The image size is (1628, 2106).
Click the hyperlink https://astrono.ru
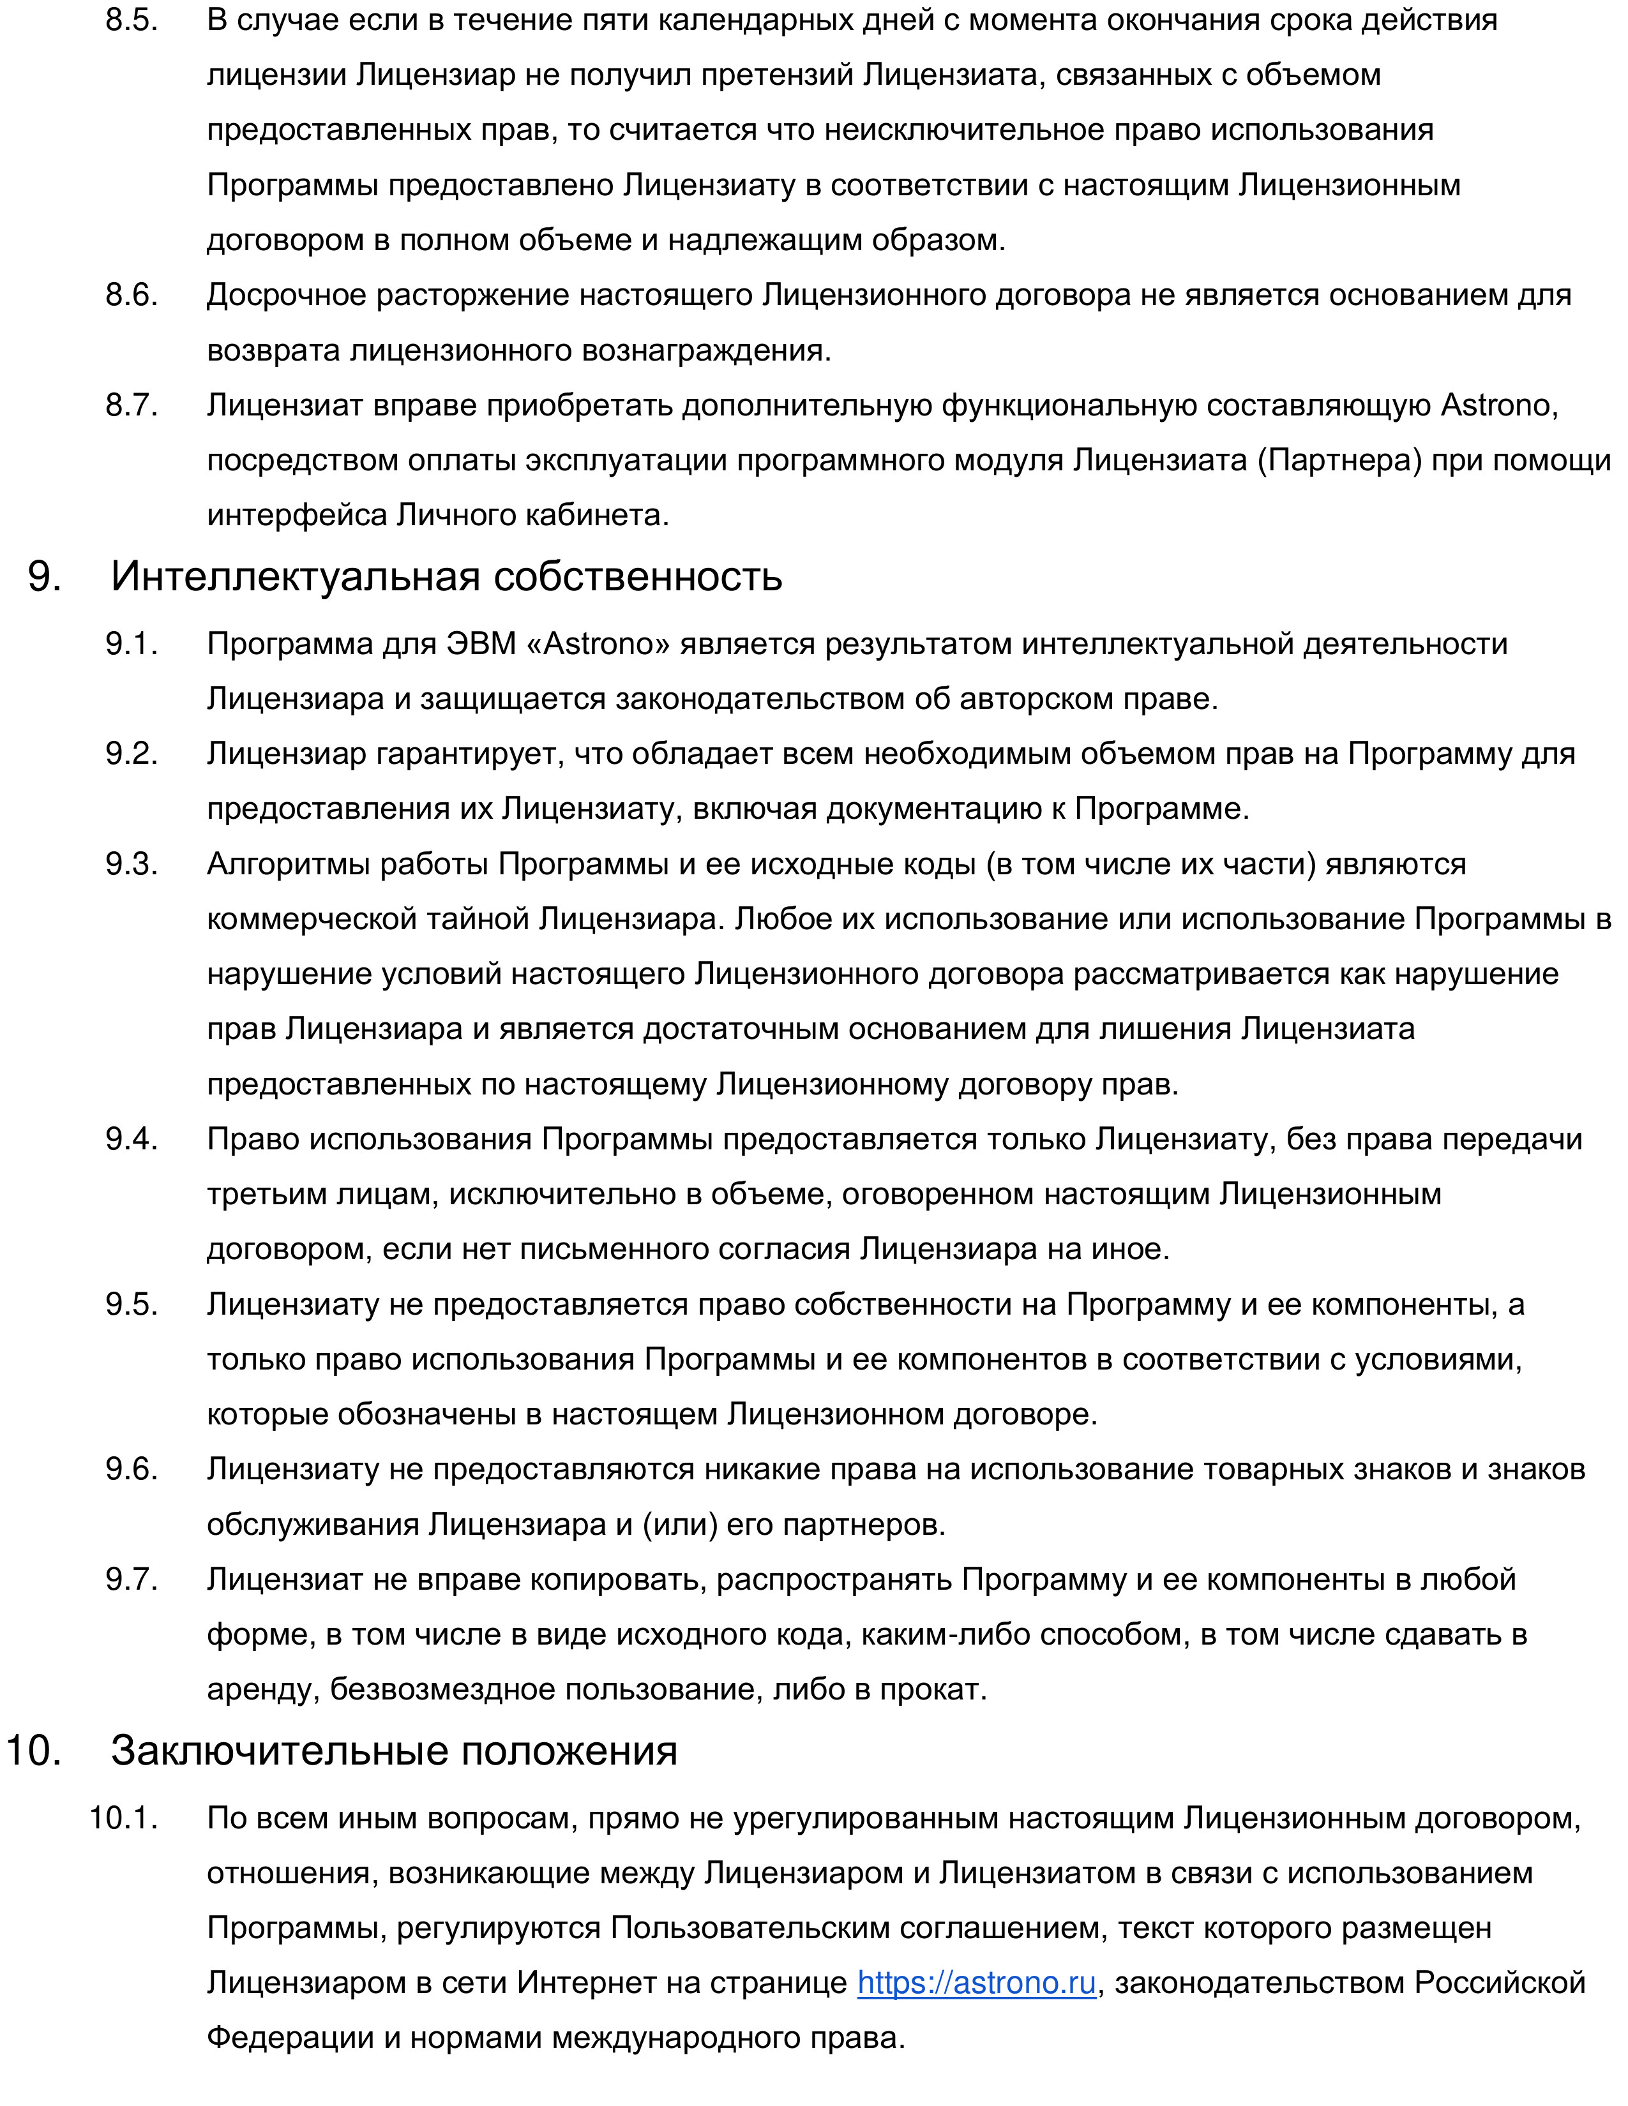pyautogui.click(x=976, y=1983)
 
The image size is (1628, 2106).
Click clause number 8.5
pyautogui.click(x=131, y=20)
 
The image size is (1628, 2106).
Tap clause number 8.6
pyautogui.click(x=131, y=295)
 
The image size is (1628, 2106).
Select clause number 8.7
pyautogui.click(x=131, y=405)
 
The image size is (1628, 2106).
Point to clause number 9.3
pyautogui.click(x=131, y=864)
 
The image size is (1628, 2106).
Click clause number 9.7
pyautogui.click(x=131, y=1579)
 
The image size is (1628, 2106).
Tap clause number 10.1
pyautogui.click(x=123, y=1818)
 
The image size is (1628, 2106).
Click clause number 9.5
pyautogui.click(x=131, y=1304)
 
